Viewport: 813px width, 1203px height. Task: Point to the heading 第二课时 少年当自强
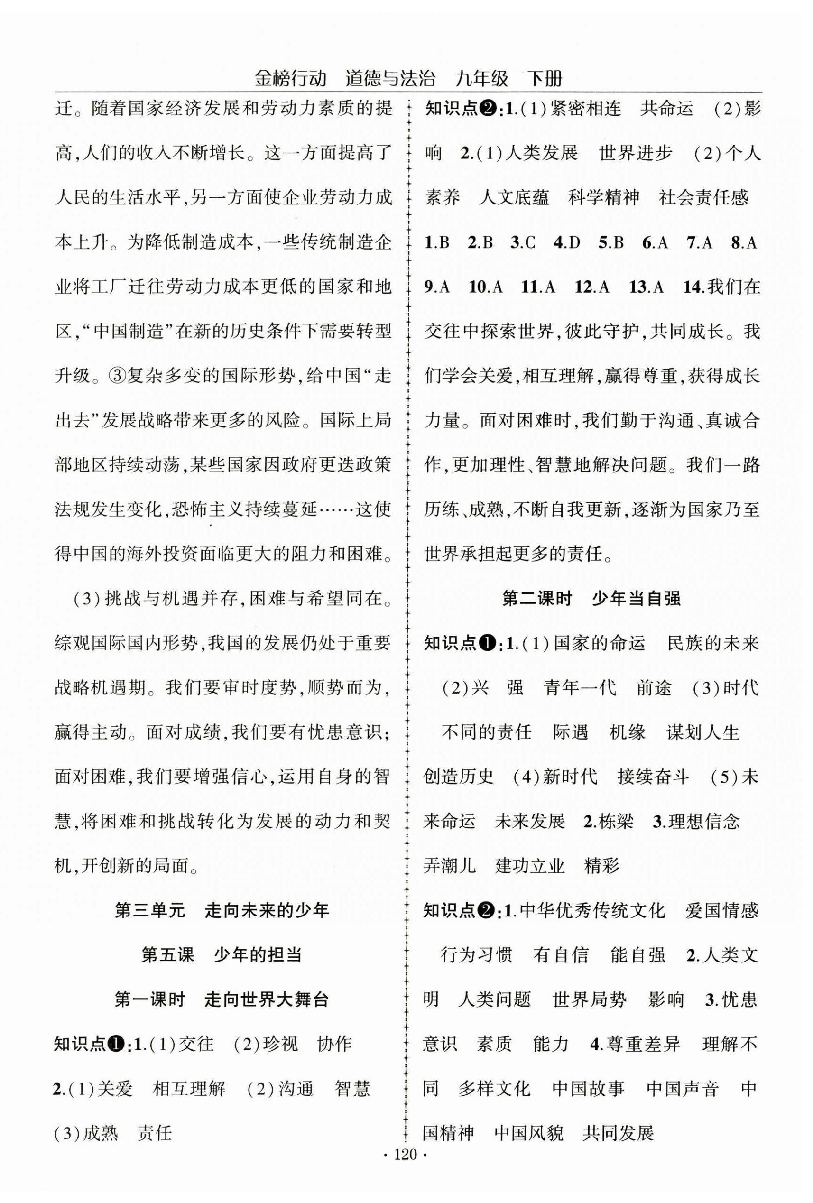pos(591,598)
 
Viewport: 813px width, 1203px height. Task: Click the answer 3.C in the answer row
pos(523,243)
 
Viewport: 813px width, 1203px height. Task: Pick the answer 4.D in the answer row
pos(567,243)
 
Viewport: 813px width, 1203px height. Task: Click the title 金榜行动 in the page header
pos(291,79)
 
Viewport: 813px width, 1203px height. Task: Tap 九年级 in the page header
pos(481,79)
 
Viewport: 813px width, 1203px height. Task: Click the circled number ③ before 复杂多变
pos(119,376)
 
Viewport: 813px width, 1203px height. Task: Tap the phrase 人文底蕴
pos(513,197)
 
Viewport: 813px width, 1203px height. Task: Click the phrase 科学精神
pos(603,197)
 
